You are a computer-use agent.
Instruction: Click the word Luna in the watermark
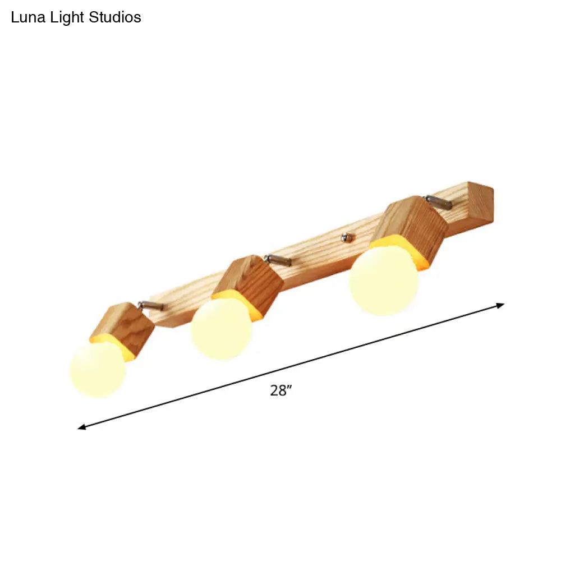coord(26,17)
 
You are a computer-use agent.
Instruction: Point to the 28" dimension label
coord(279,391)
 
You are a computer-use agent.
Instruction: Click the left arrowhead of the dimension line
coord(81,427)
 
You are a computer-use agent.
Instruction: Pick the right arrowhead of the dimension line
coord(500,305)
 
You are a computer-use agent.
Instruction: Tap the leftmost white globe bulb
coord(98,369)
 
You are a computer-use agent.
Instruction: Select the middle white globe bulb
coord(221,329)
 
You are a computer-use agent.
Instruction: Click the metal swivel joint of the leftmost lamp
coord(150,305)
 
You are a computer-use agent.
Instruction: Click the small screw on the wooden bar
coord(347,238)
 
